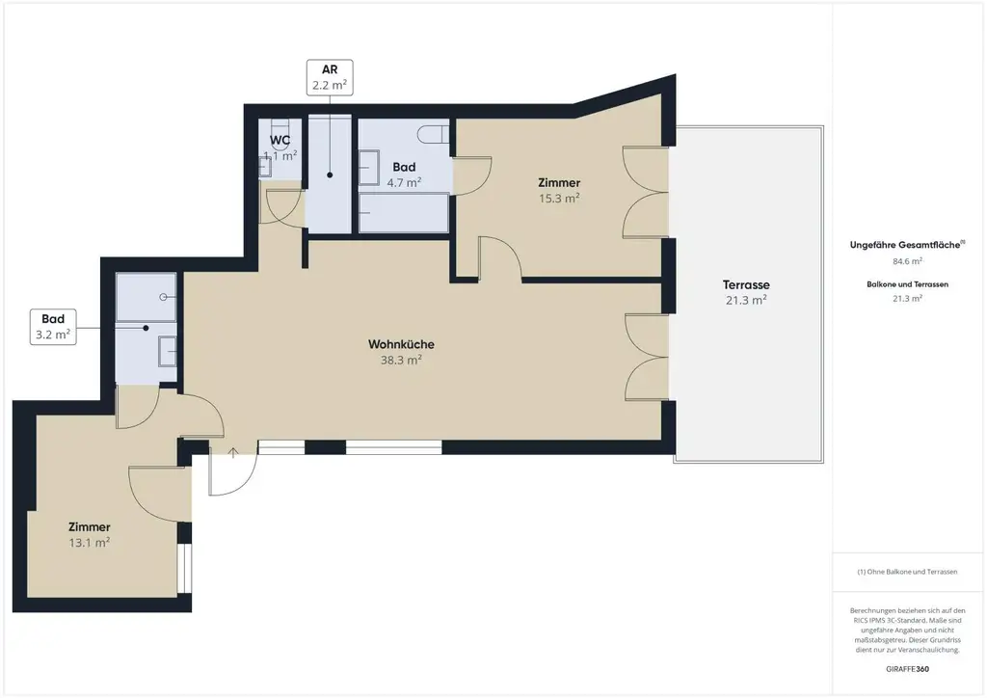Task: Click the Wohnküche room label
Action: tap(401, 344)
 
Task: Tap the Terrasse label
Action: tap(746, 284)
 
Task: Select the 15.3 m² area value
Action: tap(559, 198)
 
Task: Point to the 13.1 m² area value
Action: tap(90, 542)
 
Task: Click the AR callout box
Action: tap(330, 77)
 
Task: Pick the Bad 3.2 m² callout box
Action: tap(54, 327)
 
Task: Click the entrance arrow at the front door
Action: tap(233, 452)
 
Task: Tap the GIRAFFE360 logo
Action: tap(907, 669)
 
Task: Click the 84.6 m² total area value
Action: tap(907, 261)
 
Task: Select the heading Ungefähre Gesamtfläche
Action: tap(905, 245)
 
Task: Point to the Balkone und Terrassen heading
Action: tap(907, 284)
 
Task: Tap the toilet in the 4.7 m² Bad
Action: tap(434, 133)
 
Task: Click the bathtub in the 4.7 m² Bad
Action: tap(404, 213)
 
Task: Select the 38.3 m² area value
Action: tap(401, 360)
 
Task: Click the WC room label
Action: tap(280, 140)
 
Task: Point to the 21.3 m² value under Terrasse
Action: tap(746, 300)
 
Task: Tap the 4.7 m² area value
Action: tap(404, 182)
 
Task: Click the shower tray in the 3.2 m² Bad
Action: tap(147, 297)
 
